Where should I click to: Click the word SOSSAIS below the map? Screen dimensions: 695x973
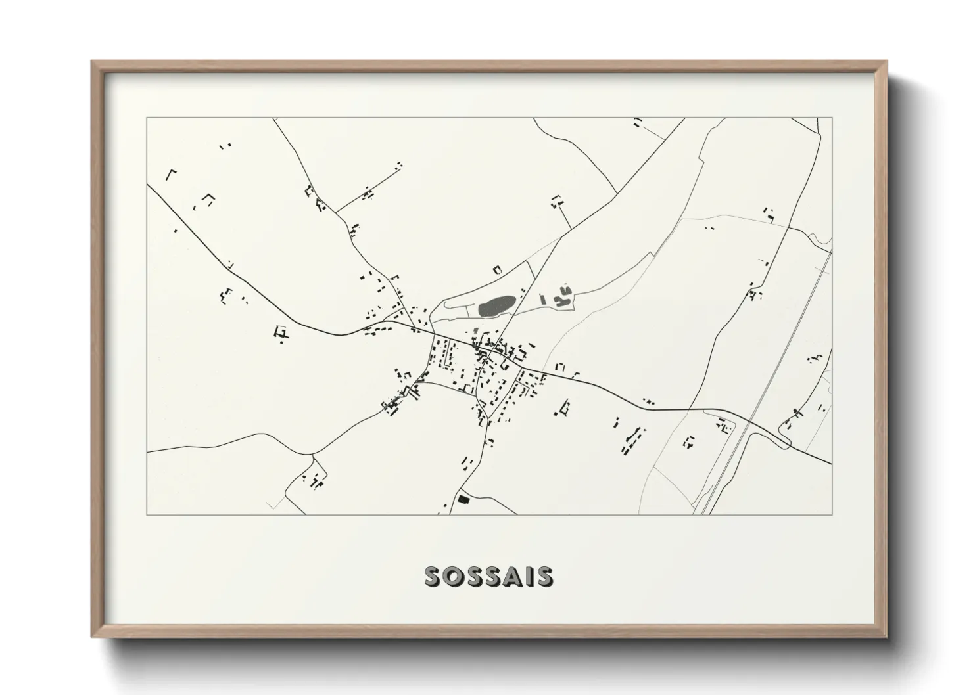pos(488,576)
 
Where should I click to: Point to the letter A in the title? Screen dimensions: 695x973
pos(510,576)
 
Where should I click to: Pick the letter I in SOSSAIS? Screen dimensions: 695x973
pos(528,576)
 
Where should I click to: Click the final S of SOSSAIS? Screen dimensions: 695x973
pos(544,576)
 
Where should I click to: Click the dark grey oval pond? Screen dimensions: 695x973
pos(496,306)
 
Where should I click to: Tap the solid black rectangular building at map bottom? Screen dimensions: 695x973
pos(464,500)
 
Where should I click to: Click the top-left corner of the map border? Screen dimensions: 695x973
pos(147,118)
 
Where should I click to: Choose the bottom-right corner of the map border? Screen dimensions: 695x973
pos(832,514)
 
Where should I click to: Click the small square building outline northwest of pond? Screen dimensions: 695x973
pos(497,269)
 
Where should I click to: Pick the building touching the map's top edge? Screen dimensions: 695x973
pos(636,122)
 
